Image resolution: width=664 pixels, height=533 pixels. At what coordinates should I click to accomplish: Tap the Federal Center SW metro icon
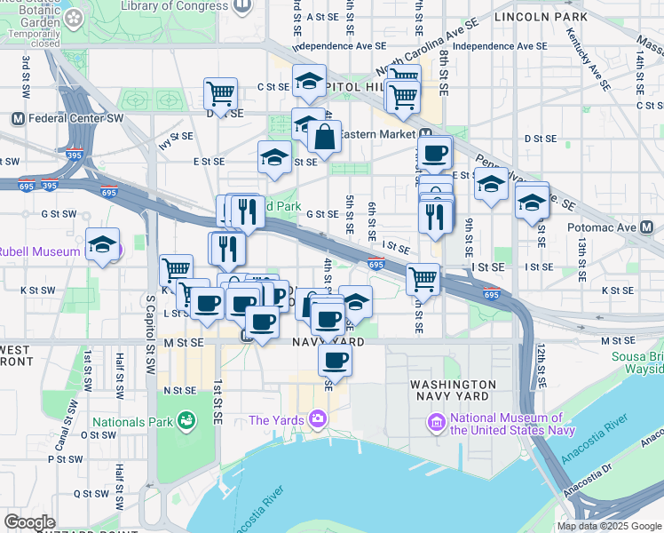[17, 119]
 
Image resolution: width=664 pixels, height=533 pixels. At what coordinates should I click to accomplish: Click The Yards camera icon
[317, 419]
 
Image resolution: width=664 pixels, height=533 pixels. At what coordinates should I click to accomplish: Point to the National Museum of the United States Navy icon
[437, 423]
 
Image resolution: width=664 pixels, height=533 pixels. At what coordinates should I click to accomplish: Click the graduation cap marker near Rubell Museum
[103, 244]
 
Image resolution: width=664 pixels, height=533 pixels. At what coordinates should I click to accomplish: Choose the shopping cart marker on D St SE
[220, 92]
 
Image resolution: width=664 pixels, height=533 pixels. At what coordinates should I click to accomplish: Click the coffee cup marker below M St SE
[335, 360]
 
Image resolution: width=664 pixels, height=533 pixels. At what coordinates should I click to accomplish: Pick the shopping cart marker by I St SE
[423, 279]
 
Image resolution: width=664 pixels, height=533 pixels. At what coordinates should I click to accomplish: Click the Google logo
[29, 522]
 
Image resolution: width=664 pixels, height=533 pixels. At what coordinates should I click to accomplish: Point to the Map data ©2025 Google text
[609, 526]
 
